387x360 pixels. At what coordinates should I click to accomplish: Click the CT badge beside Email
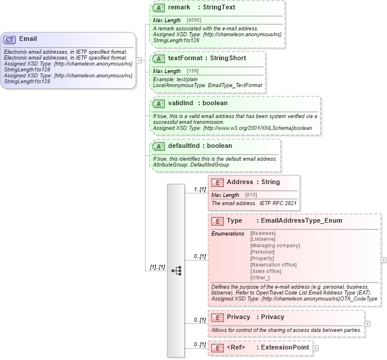(x=10, y=39)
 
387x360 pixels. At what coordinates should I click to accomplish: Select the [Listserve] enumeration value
(x=262, y=239)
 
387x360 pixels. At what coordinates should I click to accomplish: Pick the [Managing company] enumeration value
(x=275, y=245)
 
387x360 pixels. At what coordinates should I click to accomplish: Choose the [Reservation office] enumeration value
(x=273, y=265)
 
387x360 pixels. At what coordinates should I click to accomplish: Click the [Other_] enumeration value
(x=260, y=278)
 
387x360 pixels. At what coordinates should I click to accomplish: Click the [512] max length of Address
(x=251, y=195)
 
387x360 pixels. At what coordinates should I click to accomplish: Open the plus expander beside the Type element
(x=383, y=260)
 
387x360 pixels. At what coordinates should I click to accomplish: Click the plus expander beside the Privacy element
(x=367, y=323)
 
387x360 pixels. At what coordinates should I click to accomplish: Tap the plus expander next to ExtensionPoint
(x=316, y=348)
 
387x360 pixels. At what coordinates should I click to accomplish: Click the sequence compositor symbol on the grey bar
(x=176, y=271)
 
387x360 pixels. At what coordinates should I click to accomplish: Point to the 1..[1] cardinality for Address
(x=199, y=189)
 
